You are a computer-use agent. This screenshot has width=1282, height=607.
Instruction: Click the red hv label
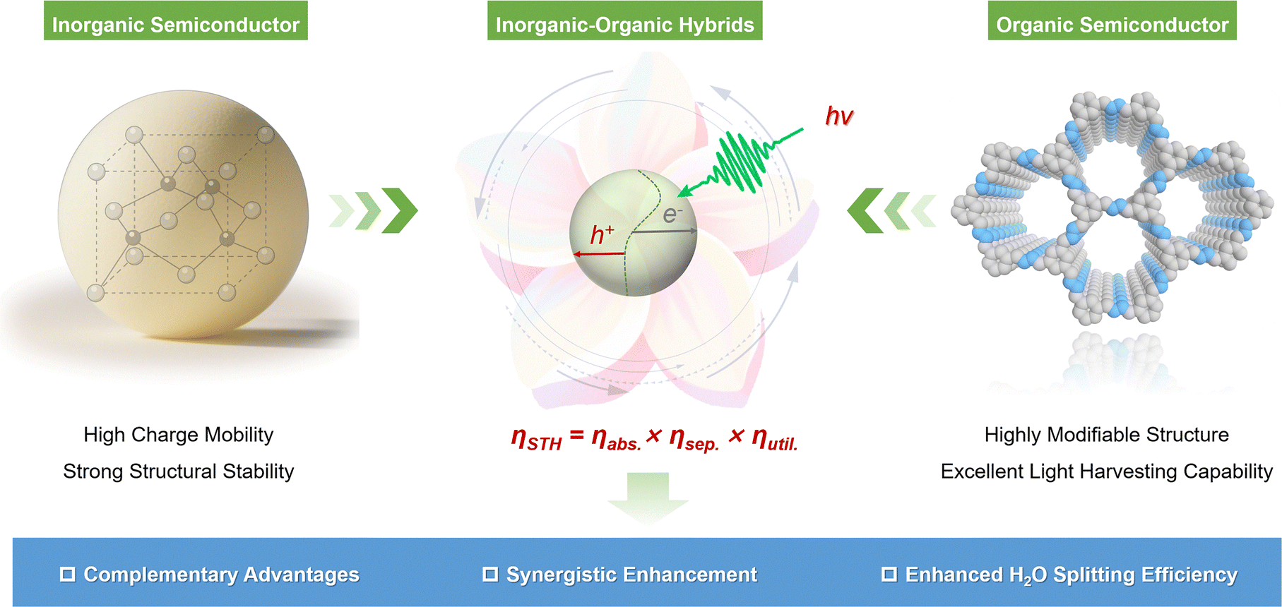point(840,116)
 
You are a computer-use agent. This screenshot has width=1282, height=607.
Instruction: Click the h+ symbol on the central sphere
point(602,234)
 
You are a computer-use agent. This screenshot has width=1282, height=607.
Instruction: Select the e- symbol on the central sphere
point(672,214)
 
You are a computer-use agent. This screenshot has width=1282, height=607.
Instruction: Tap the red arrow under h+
point(599,253)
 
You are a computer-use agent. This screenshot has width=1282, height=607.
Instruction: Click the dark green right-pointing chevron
point(400,210)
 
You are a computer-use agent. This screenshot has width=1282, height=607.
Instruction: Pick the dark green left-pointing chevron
point(865,210)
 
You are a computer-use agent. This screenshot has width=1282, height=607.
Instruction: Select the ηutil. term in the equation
point(775,439)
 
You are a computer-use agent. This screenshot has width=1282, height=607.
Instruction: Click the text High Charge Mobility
point(179,435)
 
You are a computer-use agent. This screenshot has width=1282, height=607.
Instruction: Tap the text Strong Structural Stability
point(179,471)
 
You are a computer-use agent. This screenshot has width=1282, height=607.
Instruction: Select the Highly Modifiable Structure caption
point(1107,435)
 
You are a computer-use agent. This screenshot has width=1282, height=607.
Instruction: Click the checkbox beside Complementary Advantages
point(68,574)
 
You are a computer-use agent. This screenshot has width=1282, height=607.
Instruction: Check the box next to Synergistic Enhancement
point(490,574)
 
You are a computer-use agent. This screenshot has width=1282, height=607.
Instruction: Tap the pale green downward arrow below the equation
point(648,498)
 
